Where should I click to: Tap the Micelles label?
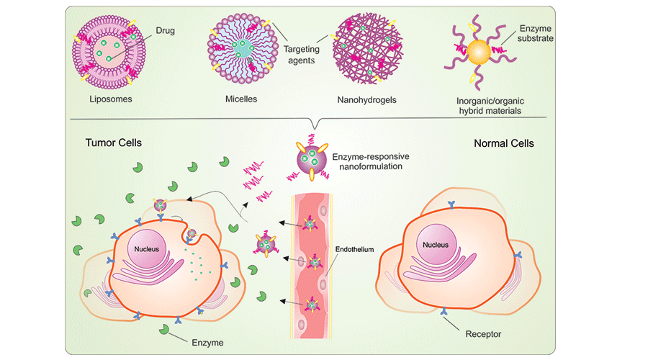pyautogui.click(x=242, y=97)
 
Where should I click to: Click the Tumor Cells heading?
pyautogui.click(x=113, y=143)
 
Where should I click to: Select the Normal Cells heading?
pyautogui.click(x=503, y=143)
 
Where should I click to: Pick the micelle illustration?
pyautogui.click(x=242, y=50)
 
